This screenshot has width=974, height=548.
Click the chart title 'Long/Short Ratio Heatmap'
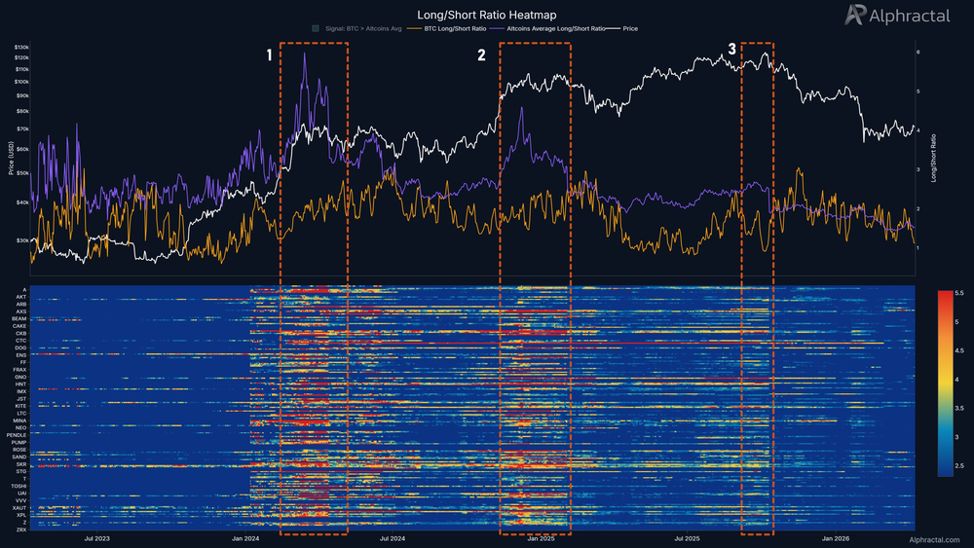486,15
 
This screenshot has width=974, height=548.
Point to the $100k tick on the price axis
20,82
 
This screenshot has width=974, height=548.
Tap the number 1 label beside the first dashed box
271,55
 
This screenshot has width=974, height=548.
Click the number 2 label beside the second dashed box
481,55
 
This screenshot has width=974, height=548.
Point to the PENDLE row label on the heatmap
17,434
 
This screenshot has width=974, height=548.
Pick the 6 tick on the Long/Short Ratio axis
918,51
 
